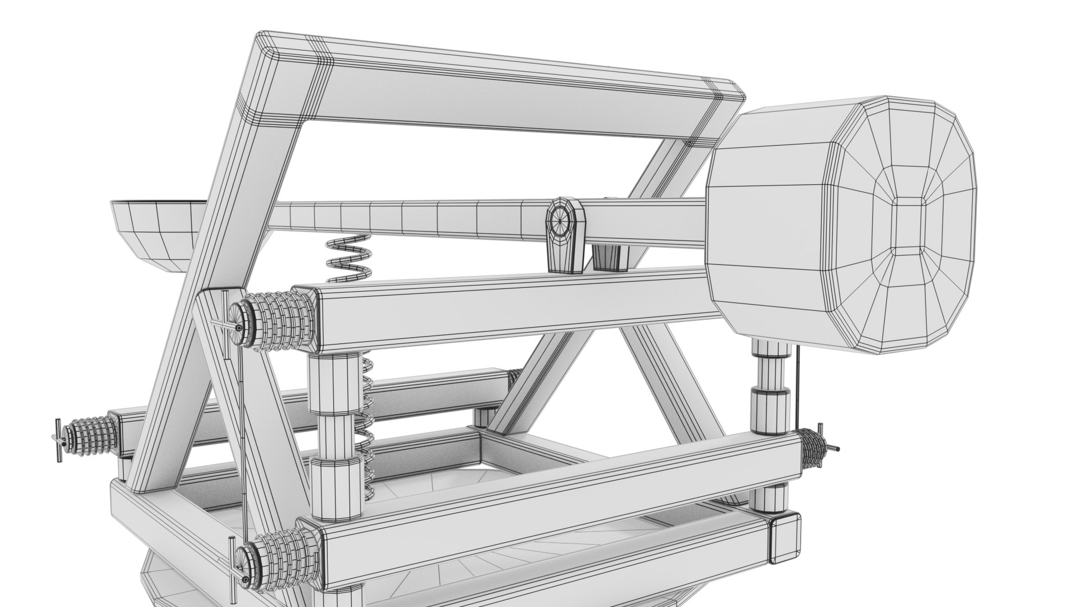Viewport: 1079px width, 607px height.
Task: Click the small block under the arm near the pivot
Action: [x=607, y=257]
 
